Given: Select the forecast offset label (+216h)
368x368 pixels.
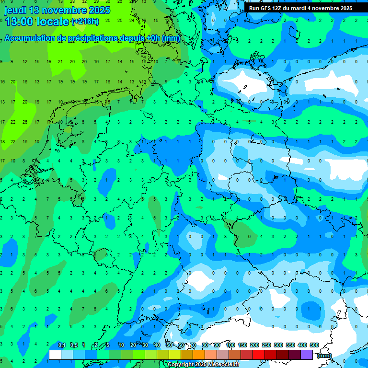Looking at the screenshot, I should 85,22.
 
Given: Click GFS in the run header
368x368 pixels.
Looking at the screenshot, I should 268,8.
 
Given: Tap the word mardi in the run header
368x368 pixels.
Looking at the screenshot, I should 307,8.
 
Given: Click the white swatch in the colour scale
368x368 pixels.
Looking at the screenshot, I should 55,355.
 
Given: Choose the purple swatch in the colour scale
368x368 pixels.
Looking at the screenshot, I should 307,355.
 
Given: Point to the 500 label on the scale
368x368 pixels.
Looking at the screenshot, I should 314,345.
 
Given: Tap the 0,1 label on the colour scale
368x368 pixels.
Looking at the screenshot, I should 62,345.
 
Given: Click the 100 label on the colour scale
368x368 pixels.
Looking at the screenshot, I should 230,345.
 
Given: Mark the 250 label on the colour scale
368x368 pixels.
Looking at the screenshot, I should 266,345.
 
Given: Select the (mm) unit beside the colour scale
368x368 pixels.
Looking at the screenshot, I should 324,356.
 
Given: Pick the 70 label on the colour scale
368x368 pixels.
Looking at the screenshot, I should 193,345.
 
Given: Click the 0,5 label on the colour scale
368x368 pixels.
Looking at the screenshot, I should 74,345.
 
